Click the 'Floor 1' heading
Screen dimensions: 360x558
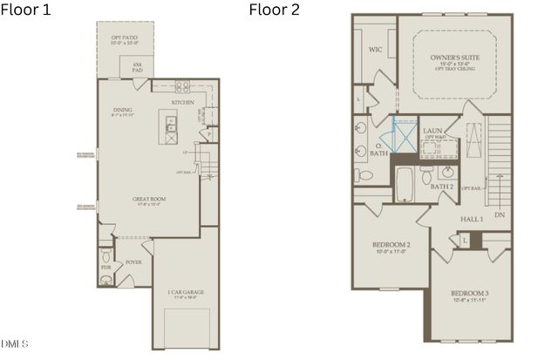pos(26,10)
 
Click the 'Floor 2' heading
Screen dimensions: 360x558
pos(275,10)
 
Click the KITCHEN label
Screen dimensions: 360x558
pos(182,103)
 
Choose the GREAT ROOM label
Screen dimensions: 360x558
pos(148,199)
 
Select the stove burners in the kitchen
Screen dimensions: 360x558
pos(183,85)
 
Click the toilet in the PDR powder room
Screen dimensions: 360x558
pos(105,258)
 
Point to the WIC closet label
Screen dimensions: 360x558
pos(377,50)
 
